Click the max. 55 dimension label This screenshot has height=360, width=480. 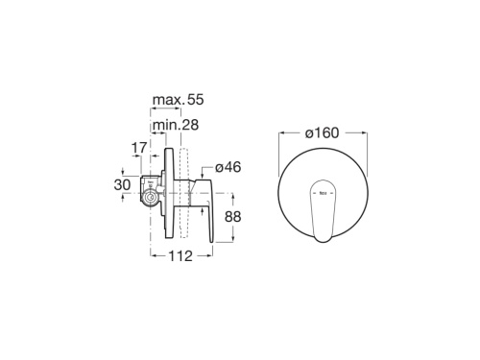[178, 100]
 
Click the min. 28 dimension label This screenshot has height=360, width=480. [176, 125]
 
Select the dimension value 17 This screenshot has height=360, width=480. [139, 148]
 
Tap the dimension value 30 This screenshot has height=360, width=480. [122, 185]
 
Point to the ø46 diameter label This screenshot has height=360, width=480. [228, 167]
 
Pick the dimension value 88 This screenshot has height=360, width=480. [232, 217]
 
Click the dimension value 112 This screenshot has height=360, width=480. [180, 255]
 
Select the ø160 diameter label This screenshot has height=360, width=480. [322, 132]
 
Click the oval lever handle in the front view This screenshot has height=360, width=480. [323, 210]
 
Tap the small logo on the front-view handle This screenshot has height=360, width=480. [323, 193]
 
